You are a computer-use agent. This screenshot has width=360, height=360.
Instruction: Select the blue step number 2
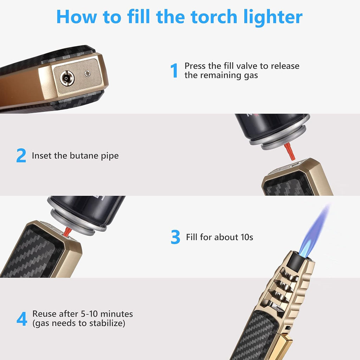coord(21,156)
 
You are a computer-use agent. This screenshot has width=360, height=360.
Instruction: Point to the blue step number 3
coord(175,237)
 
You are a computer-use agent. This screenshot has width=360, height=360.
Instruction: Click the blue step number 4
coord(22,319)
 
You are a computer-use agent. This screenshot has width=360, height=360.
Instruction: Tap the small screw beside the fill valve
coord(87,73)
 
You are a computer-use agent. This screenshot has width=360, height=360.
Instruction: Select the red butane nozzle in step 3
coord(66,231)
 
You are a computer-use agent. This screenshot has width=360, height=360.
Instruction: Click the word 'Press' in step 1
coord(195,66)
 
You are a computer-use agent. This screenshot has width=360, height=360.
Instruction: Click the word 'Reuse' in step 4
coord(44,314)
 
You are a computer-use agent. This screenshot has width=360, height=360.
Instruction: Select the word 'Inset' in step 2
coord(41,156)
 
